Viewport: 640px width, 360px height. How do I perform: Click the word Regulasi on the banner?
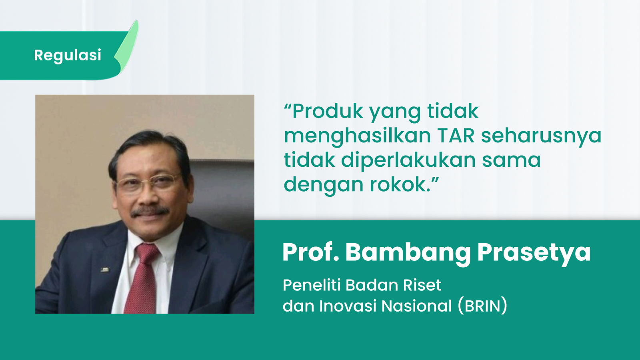(x=68, y=55)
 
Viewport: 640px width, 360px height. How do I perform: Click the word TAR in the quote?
(x=455, y=136)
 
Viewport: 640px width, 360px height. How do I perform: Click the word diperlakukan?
(x=408, y=160)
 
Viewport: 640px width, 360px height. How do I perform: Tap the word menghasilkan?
(x=357, y=136)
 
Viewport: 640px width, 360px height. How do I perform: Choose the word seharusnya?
(x=541, y=136)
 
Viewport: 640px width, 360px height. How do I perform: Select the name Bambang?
(x=408, y=252)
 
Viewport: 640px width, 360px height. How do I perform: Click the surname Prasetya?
(x=534, y=252)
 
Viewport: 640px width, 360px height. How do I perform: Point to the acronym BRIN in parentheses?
(x=483, y=306)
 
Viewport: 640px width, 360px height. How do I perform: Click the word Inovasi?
(x=348, y=306)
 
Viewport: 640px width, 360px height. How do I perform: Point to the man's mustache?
(x=150, y=211)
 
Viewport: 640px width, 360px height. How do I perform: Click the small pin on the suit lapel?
(x=105, y=270)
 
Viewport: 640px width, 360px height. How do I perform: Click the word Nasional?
(x=416, y=306)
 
